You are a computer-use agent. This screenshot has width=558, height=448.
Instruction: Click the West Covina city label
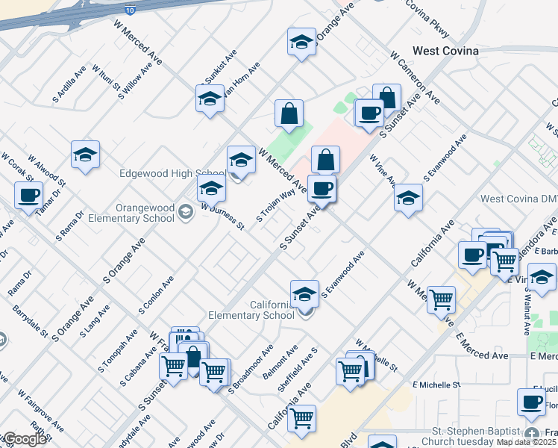(445, 51)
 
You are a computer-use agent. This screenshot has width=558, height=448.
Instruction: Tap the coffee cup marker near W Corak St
(28, 196)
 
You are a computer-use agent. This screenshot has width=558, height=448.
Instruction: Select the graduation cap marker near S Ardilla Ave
(86, 155)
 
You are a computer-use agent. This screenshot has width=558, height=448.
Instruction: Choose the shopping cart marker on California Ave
(301, 420)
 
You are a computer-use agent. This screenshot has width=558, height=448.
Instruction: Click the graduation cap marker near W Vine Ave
(407, 198)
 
